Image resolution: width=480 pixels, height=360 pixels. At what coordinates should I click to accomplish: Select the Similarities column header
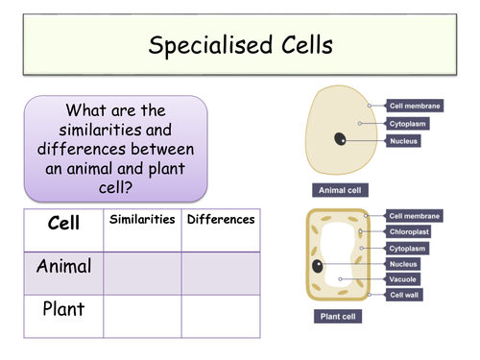142,220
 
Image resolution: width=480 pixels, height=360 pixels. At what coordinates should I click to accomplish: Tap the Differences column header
221,220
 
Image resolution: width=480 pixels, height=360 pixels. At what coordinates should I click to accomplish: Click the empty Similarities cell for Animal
142,273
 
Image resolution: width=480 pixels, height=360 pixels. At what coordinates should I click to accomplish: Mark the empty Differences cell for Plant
221,316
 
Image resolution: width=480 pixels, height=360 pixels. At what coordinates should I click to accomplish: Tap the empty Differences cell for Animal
221,273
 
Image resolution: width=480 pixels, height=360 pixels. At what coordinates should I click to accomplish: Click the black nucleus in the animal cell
341,140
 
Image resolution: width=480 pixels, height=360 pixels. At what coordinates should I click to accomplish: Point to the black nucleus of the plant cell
317,265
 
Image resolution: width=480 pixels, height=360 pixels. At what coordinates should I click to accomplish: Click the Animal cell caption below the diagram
339,190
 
